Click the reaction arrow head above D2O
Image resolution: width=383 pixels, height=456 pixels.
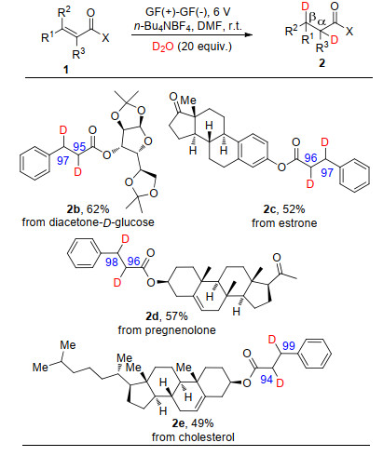pyautogui.click(x=248, y=34)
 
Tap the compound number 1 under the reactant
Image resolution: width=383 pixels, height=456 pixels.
pyautogui.click(x=65, y=69)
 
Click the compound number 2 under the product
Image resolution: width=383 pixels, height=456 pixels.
pyautogui.click(x=322, y=63)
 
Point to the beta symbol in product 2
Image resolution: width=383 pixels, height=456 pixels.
pyautogui.click(x=312, y=18)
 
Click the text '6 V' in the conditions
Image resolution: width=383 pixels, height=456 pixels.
pyautogui.click(x=222, y=12)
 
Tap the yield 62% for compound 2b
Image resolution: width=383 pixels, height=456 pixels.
pyautogui.click(x=98, y=209)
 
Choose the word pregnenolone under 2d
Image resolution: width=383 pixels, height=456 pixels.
pyautogui.click(x=180, y=330)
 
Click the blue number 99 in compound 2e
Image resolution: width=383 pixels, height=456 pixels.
pyautogui.click(x=289, y=346)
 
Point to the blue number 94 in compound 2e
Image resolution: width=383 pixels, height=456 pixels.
pyautogui.click(x=267, y=380)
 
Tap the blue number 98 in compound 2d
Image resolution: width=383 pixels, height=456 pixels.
pyautogui.click(x=112, y=262)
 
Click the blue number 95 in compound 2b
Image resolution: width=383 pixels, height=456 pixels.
pyautogui.click(x=79, y=146)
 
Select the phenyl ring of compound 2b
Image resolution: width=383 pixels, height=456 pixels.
pyautogui.click(x=34, y=163)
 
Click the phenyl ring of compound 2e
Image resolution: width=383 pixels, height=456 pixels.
pyautogui.click(x=315, y=354)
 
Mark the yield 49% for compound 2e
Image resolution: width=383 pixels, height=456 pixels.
pyautogui.click(x=202, y=423)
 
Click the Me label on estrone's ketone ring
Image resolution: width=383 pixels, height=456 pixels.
pyautogui.click(x=188, y=100)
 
